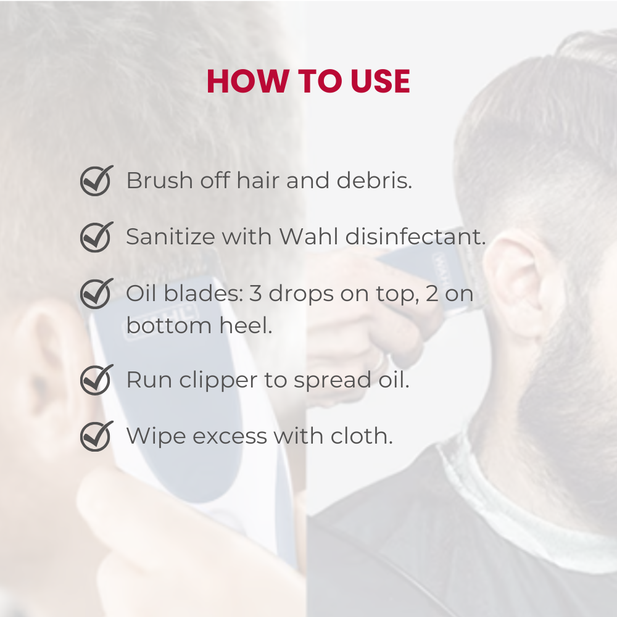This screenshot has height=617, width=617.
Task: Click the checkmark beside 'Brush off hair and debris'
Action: point(97,180)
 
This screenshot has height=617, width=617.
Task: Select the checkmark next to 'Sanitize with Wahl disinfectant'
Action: point(97,236)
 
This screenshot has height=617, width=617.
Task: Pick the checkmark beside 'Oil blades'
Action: point(97,293)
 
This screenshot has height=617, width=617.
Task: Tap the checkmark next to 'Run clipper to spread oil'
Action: point(97,379)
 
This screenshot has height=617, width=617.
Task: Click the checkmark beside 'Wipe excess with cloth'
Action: point(97,436)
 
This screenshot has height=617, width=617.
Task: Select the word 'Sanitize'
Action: point(171,236)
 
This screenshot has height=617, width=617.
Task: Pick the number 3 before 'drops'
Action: point(255,294)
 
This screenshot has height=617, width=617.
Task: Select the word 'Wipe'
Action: point(155,436)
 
